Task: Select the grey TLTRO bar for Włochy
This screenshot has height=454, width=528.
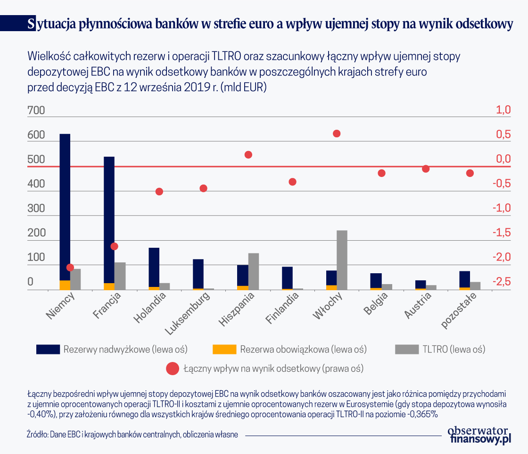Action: click(x=342, y=260)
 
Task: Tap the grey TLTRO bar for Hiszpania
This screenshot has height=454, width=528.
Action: click(x=254, y=271)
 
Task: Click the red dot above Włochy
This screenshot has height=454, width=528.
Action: click(x=337, y=134)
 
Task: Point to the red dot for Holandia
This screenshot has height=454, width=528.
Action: click(x=159, y=192)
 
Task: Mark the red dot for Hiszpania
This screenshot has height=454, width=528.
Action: click(x=248, y=155)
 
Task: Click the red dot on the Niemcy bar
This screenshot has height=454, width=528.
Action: click(x=70, y=268)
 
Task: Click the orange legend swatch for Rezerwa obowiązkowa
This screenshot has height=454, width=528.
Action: click(x=224, y=349)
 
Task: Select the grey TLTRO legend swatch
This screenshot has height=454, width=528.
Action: click(x=406, y=349)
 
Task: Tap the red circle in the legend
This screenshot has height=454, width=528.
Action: click(x=173, y=368)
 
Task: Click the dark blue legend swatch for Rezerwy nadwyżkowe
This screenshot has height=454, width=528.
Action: click(x=48, y=349)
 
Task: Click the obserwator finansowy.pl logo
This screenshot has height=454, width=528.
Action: click(x=478, y=435)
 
